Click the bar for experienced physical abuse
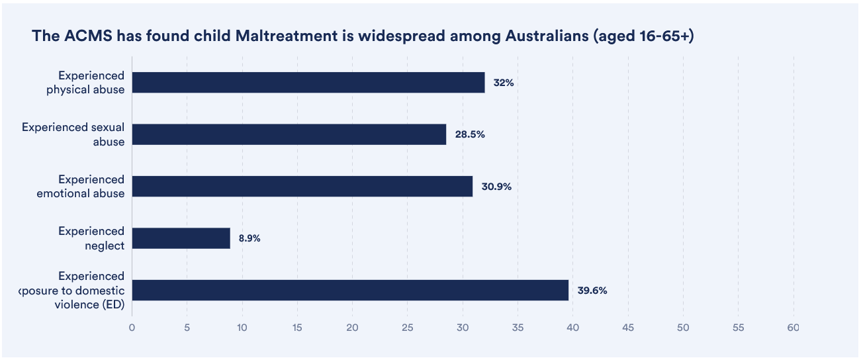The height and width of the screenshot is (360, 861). pos(308,83)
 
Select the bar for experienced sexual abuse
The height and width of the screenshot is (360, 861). pos(289,134)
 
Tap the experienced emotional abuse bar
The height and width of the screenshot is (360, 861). pos(302,187)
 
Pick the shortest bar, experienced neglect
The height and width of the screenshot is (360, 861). pos(181,238)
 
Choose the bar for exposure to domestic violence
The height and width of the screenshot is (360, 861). pos(350,290)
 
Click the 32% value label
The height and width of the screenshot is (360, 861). pos(504,83)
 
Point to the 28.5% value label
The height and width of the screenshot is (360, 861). pos(470,134)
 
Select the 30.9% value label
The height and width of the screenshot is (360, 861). pos(496,187)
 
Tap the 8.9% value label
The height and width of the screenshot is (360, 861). pos(249,238)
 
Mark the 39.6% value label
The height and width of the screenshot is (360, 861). pos(592,290)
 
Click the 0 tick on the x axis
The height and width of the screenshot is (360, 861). pos(132,328)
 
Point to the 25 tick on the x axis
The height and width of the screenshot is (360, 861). pos(407,328)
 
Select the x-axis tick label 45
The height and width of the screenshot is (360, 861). pos(628,328)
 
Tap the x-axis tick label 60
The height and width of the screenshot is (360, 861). pos(793,328)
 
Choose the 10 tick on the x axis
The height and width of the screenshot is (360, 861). pos(242,328)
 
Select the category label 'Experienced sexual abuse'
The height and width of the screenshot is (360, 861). pos(73,134)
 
